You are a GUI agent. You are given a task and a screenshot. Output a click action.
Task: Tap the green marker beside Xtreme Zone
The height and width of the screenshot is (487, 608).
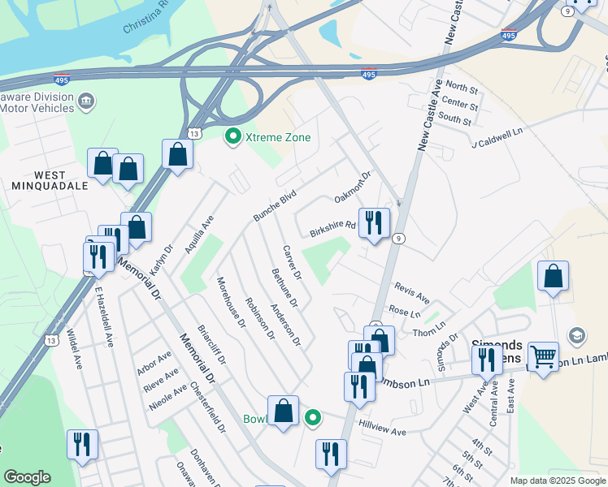pyautogui.click(x=233, y=136)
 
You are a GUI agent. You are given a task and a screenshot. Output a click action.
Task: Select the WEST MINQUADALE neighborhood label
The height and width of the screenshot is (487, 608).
pyautogui.click(x=61, y=180)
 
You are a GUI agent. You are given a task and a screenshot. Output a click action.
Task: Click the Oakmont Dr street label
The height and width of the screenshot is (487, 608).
pyautogui.click(x=352, y=187)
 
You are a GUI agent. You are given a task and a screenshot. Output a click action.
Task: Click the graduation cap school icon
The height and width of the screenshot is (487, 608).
pyautogui.click(x=577, y=336)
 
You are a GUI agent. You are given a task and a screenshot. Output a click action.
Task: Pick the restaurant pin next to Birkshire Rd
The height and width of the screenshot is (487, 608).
pyautogui.click(x=374, y=222)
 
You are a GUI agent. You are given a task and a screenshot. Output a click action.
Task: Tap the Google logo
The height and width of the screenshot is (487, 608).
pyautogui.click(x=27, y=477)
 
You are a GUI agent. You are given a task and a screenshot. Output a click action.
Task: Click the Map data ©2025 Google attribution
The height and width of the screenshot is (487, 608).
pyautogui.click(x=557, y=481)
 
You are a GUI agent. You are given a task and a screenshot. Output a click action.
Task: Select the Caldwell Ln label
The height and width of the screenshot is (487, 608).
pyautogui.click(x=498, y=139)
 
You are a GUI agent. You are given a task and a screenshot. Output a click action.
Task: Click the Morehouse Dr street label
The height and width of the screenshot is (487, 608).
pyautogui.click(x=230, y=302)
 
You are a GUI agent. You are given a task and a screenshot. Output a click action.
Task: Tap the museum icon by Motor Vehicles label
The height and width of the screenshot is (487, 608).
pyautogui.click(x=87, y=101)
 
